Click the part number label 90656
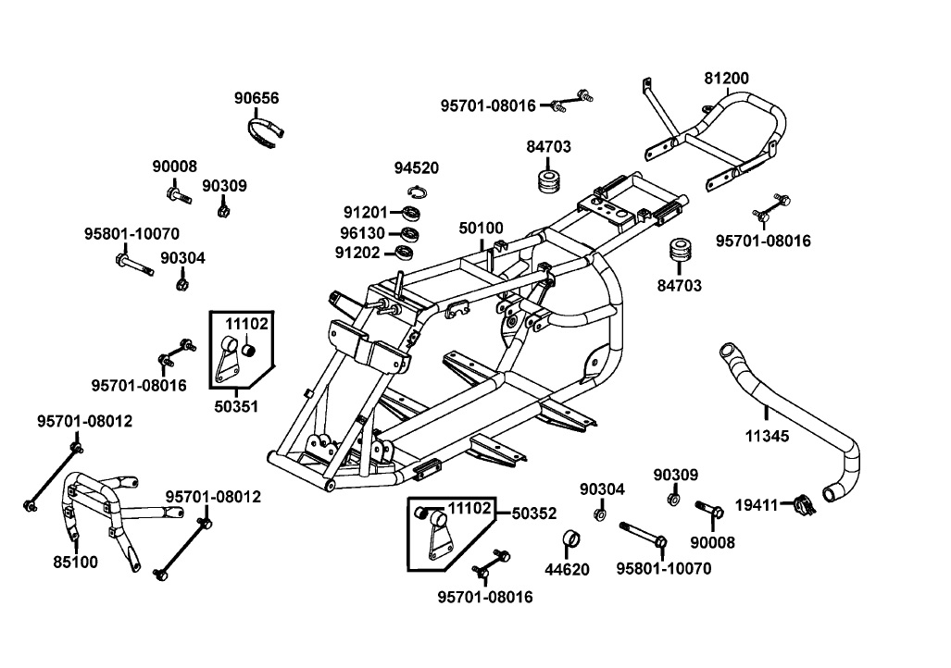pyautogui.click(x=257, y=98)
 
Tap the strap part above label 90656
pyautogui.click(x=266, y=130)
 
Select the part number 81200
pyautogui.click(x=727, y=79)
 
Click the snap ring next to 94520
pyautogui.click(x=417, y=192)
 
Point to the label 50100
pyautogui.click(x=482, y=228)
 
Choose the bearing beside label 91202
pyautogui.click(x=406, y=252)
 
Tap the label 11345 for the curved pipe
pyautogui.click(x=767, y=435)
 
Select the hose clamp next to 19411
pyautogui.click(x=803, y=505)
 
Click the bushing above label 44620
pyautogui.click(x=572, y=538)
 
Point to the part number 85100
pyautogui.click(x=75, y=561)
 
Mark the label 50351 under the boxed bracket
pyautogui.click(x=237, y=406)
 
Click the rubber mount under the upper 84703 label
pyautogui.click(x=549, y=179)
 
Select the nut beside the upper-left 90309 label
pyautogui.click(x=223, y=210)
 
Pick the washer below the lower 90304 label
pyautogui.click(x=597, y=513)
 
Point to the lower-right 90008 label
pyautogui.click(x=713, y=542)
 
